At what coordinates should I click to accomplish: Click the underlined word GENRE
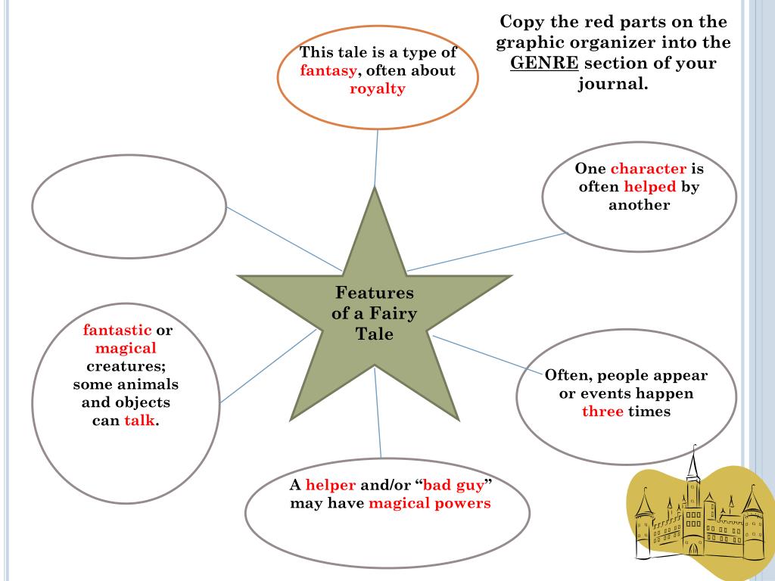click(x=544, y=63)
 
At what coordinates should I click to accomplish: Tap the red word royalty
click(x=378, y=89)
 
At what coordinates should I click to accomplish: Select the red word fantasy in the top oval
click(x=328, y=71)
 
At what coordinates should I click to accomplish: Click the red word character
click(x=648, y=169)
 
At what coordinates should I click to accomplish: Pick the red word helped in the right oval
click(x=649, y=187)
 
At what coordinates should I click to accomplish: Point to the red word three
click(x=602, y=412)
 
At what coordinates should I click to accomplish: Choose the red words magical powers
click(x=430, y=503)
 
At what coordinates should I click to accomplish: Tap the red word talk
click(x=139, y=421)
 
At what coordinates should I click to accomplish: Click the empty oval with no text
click(x=129, y=207)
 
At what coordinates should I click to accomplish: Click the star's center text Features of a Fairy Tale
click(x=375, y=312)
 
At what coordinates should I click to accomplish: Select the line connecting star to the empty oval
click(x=284, y=238)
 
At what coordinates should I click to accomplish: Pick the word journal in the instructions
click(x=612, y=83)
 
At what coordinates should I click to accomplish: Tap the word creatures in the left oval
click(x=126, y=366)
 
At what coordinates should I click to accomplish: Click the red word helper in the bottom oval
click(x=331, y=485)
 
